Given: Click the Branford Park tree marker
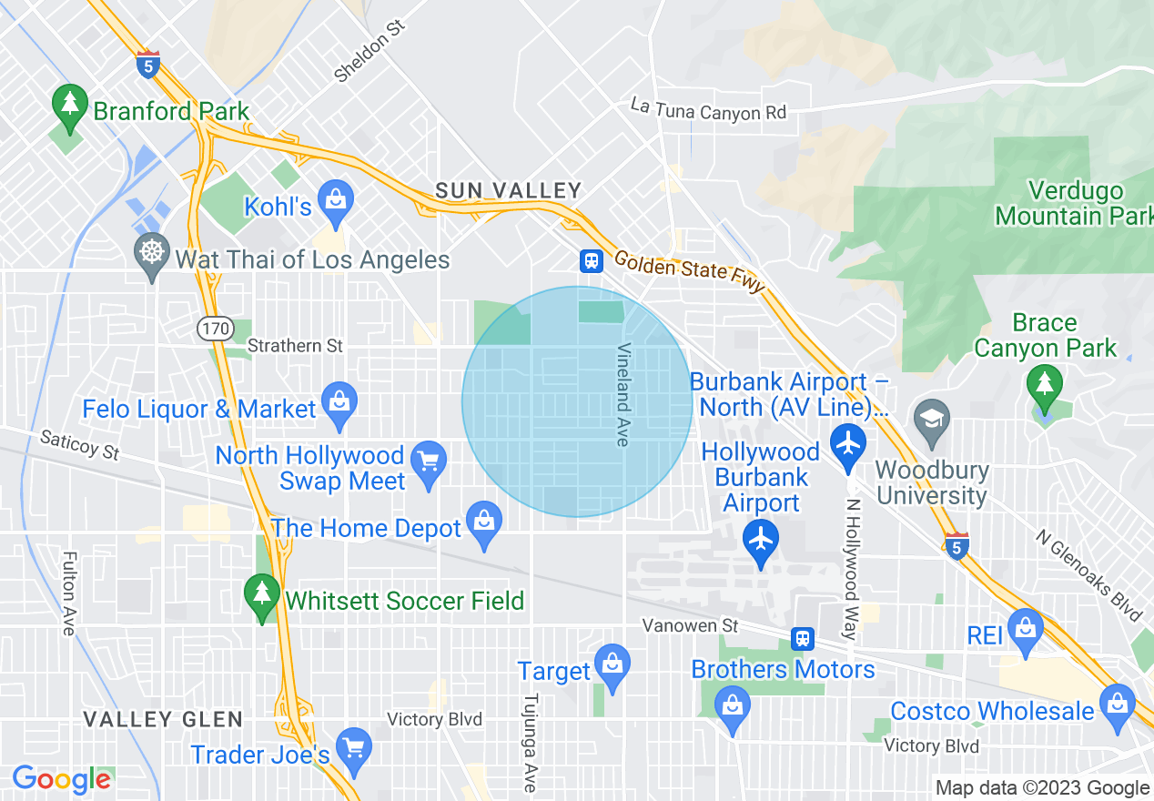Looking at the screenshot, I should click(x=70, y=106).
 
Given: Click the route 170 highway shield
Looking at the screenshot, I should click(x=218, y=328).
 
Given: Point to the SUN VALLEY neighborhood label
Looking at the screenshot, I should click(x=508, y=190).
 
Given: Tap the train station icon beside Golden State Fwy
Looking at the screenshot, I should click(x=592, y=261).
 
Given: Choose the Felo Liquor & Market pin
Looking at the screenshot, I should click(x=339, y=406).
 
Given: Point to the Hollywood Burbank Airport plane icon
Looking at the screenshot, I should click(x=761, y=542).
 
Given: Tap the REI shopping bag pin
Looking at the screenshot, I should click(x=1026, y=631).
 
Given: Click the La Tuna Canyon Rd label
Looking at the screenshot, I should click(x=708, y=109).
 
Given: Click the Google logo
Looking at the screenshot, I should click(x=61, y=779).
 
